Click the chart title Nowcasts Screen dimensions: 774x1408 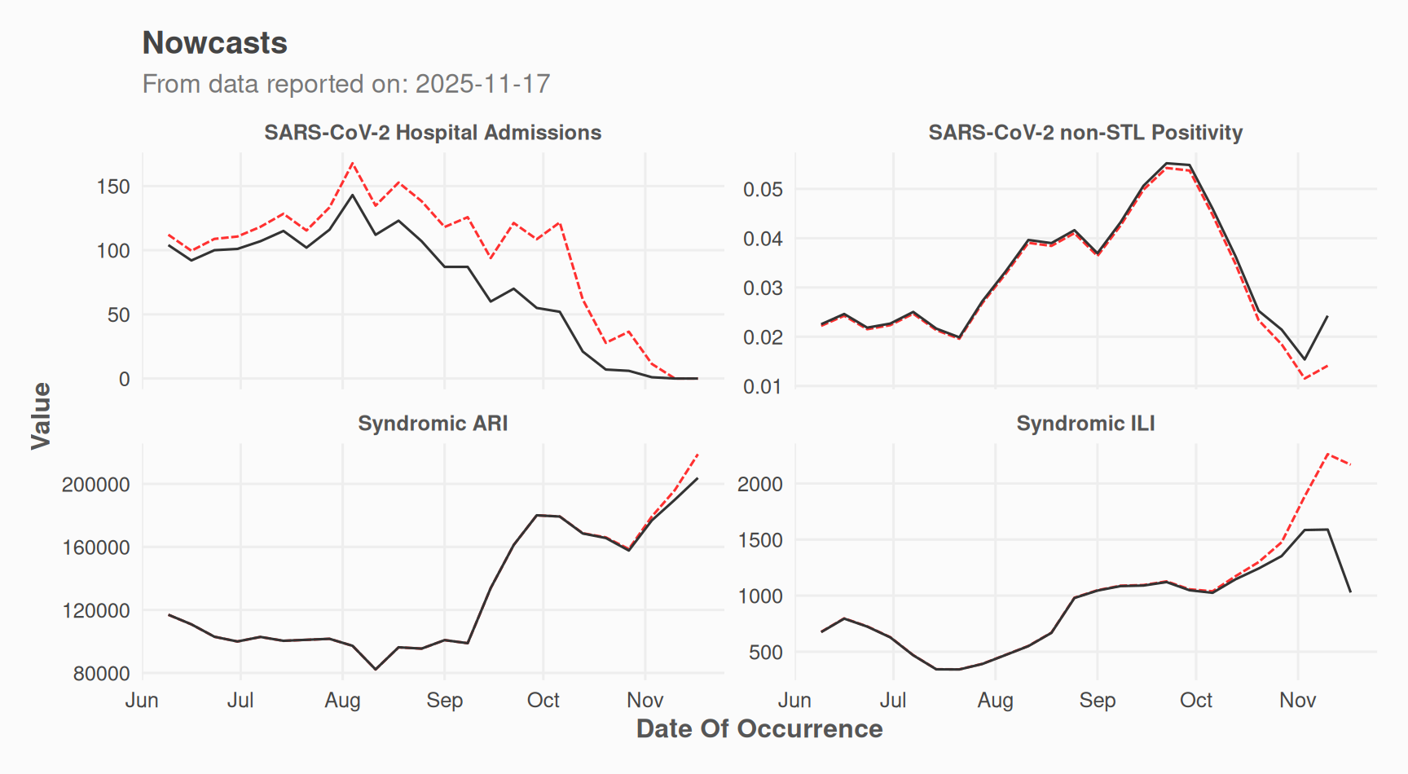point(214,43)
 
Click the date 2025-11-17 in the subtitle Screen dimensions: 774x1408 point(482,84)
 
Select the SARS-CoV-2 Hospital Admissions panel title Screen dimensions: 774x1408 point(433,133)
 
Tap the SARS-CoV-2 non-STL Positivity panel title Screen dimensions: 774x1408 point(1085,133)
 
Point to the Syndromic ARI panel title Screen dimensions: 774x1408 point(433,424)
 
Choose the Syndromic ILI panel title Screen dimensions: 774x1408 point(1085,424)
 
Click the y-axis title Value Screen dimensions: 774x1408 point(41,416)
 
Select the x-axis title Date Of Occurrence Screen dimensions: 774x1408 point(759,728)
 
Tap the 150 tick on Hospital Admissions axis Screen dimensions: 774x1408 point(113,187)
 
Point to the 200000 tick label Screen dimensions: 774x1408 point(96,485)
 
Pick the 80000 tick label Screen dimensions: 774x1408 point(102,674)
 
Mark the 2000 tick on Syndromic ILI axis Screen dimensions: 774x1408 point(760,485)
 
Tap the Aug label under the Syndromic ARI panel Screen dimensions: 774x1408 point(342,701)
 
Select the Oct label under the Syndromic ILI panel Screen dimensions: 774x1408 point(1196,701)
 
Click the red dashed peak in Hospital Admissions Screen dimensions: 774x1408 point(353,163)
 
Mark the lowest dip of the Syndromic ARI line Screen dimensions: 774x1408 point(376,669)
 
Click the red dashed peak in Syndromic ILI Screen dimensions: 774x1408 point(1328,454)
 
